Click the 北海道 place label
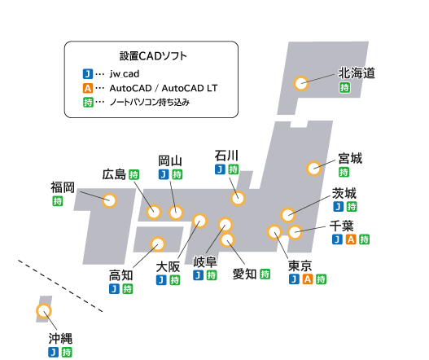357,73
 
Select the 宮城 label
350,159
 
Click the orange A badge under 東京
308,279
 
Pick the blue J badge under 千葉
337,239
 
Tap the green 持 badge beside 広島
134,174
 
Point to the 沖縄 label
60,338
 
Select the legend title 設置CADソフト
153,56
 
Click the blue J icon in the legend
88,74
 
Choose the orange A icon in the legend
88,88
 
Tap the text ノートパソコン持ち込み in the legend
150,103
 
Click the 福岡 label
63,187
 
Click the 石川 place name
226,156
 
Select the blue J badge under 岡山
164,174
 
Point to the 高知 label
120,275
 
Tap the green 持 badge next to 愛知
265,274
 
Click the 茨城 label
344,193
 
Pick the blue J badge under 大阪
161,280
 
